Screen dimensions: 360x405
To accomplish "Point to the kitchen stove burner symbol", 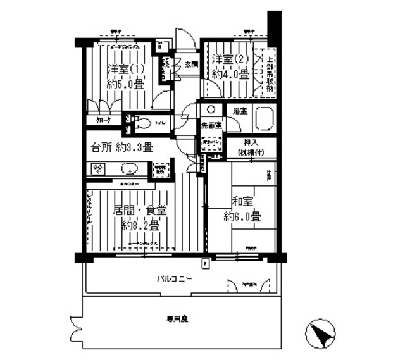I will point(99,170).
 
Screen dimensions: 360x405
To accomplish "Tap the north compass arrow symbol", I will point(322,333).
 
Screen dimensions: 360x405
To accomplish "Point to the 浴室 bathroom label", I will point(239,111).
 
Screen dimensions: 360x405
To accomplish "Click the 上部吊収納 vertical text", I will point(270,71).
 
